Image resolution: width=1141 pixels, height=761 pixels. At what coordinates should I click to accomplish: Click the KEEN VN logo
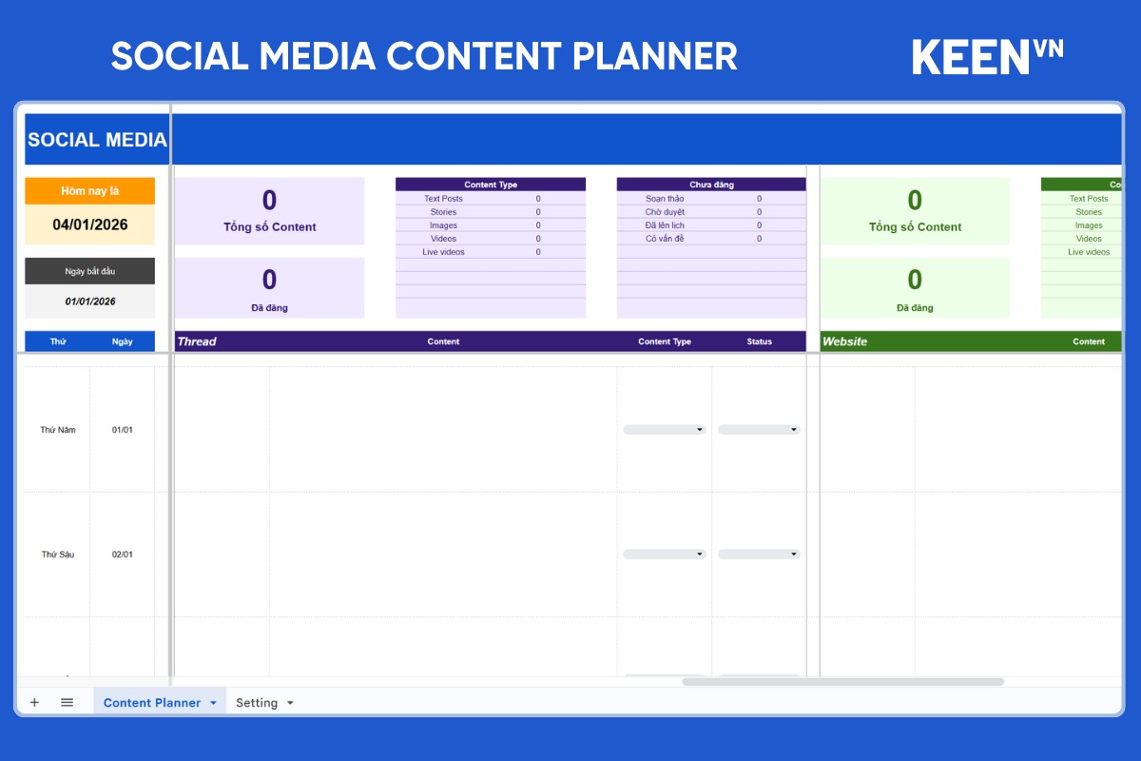tap(987, 57)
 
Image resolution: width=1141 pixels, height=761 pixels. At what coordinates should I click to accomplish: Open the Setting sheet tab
tap(264, 703)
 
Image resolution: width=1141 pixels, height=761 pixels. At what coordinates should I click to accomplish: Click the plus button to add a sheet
tap(34, 702)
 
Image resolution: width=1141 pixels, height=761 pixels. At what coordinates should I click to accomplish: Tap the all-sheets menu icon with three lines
tap(67, 702)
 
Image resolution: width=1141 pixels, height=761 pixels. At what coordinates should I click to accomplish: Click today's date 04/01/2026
tap(90, 224)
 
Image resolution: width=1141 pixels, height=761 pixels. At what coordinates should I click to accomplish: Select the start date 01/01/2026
tap(90, 302)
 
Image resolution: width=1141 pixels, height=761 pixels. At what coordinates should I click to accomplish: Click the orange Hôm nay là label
tap(89, 190)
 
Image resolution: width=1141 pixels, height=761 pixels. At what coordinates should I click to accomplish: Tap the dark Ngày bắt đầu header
tap(89, 271)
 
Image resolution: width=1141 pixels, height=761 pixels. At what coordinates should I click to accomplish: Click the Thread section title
tap(197, 341)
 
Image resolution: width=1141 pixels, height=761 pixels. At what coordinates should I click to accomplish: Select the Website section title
tap(844, 341)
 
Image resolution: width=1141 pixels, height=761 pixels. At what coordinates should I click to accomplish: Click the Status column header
tap(759, 341)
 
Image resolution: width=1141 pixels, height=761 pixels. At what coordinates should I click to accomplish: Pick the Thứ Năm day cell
tap(58, 430)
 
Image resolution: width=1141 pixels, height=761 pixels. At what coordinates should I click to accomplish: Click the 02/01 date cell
tap(123, 554)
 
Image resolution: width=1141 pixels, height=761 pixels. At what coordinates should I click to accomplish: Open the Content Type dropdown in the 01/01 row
tap(665, 430)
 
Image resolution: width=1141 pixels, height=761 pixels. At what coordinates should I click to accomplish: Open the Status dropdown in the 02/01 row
tap(759, 554)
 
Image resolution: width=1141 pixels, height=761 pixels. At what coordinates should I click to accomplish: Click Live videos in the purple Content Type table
tap(443, 252)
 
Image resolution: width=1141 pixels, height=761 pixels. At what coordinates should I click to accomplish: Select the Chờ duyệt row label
tap(665, 212)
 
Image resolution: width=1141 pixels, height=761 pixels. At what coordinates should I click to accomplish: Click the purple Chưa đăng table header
tap(711, 185)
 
